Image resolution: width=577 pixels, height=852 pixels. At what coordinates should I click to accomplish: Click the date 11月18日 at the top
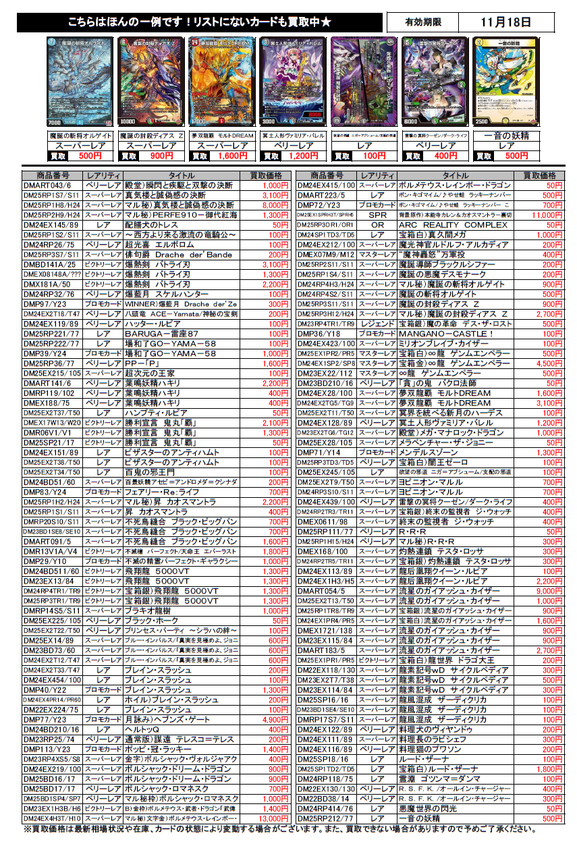pos(505,22)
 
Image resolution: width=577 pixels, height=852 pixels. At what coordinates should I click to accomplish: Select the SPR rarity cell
pos(377,214)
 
